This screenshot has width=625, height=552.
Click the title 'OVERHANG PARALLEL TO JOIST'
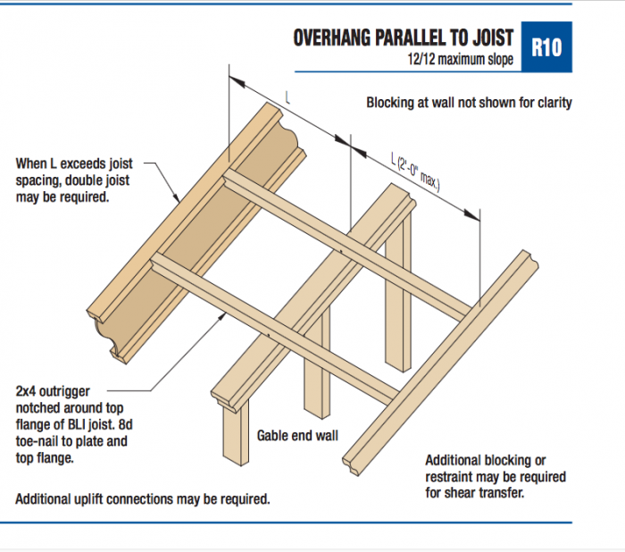coord(403,38)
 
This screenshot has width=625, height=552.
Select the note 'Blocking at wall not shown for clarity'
coord(469,103)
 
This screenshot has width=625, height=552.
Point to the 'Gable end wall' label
coord(296,436)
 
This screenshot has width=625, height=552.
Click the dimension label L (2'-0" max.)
coord(416,171)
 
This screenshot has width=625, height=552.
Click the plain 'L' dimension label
coord(287,96)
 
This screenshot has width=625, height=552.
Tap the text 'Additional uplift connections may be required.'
coord(143,498)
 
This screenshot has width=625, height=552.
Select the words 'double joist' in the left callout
coord(97,180)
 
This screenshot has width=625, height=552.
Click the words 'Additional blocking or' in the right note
coord(486,460)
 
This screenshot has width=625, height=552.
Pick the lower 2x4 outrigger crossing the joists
coord(277,325)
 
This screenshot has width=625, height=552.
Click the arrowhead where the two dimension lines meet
coord(348,141)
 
